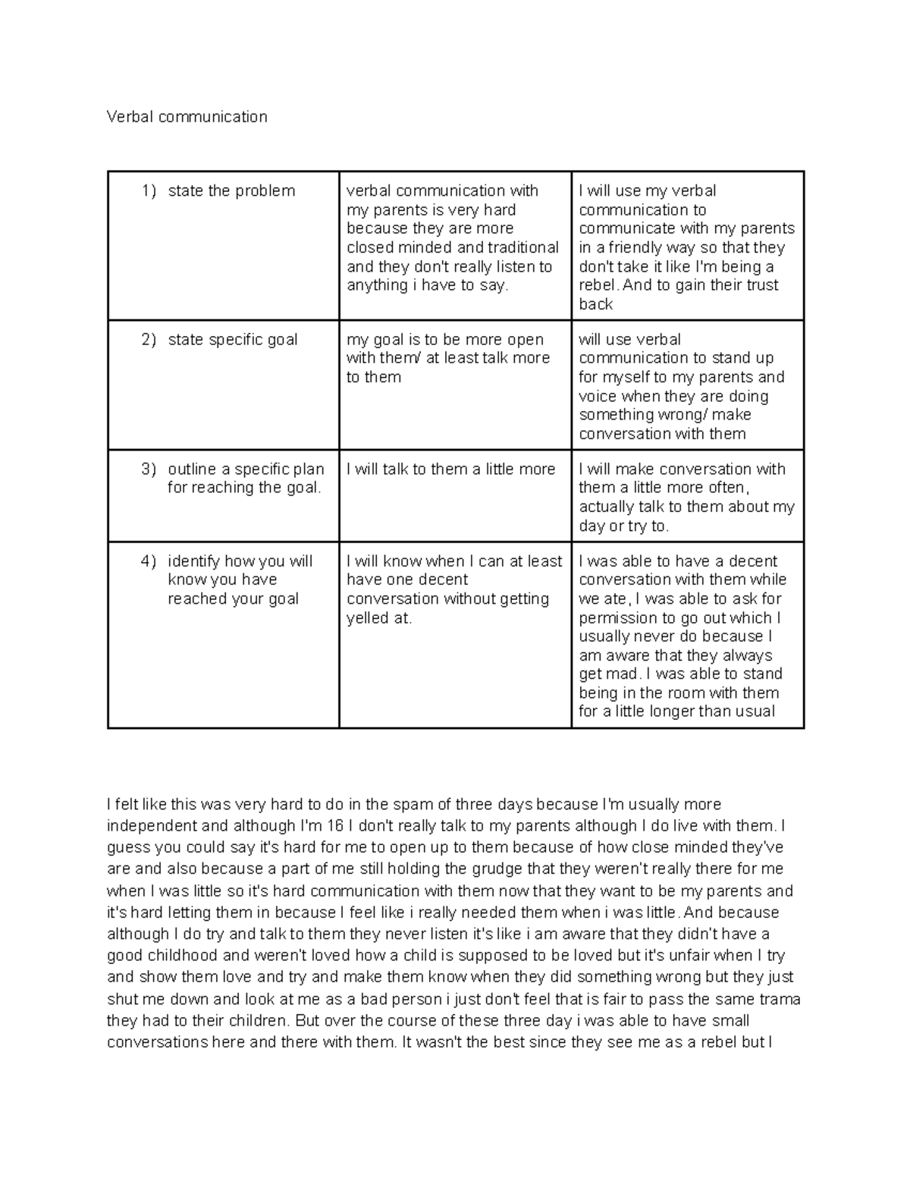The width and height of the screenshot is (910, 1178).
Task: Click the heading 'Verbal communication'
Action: [x=187, y=117]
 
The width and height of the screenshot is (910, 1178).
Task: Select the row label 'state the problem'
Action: [x=231, y=191]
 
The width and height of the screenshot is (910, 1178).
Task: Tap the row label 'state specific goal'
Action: [x=232, y=340]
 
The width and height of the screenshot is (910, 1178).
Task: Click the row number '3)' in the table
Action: [x=149, y=469]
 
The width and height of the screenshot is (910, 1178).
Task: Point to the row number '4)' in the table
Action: [x=149, y=561]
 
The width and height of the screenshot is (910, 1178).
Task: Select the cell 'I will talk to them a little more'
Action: [x=450, y=470]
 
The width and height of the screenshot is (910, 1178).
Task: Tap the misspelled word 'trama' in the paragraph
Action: [x=780, y=999]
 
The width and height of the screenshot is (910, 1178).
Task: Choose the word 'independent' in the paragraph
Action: [x=146, y=826]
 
